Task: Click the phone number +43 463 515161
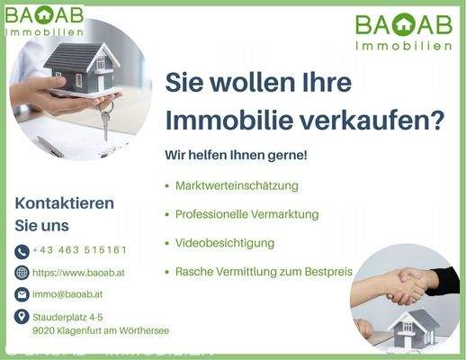[x=79, y=250]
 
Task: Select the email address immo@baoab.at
[x=67, y=294]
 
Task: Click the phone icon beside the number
[x=22, y=251]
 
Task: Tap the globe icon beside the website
[x=22, y=273]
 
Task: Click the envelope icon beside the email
[x=22, y=294]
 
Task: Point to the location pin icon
[x=22, y=317]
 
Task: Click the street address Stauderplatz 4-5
[x=67, y=318]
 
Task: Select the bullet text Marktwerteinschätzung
[x=237, y=185]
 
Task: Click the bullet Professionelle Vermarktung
[x=246, y=214]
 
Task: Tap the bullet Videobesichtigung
[x=225, y=243]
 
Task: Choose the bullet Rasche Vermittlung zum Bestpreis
[x=264, y=271]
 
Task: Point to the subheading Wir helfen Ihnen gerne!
[x=236, y=155]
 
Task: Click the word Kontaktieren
[x=65, y=203]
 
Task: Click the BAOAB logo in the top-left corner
[x=44, y=20]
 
